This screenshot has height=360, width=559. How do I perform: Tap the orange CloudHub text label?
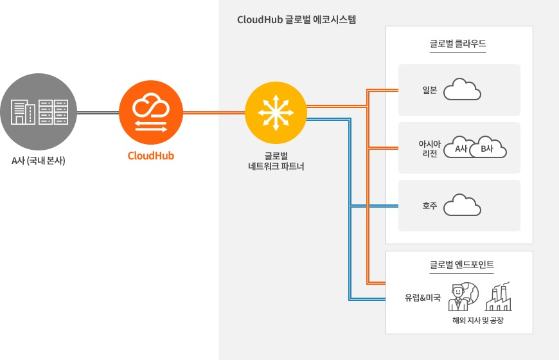(151, 156)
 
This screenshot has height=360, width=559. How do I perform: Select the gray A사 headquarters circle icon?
(39, 112)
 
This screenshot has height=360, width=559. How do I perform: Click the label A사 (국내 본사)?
(39, 160)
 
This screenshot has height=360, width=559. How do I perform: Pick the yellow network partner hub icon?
(276, 112)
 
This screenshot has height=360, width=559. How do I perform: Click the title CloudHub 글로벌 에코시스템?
(296, 19)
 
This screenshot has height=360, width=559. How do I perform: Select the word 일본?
(430, 90)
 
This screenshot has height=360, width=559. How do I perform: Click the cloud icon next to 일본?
(463, 89)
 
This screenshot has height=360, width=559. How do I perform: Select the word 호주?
(430, 206)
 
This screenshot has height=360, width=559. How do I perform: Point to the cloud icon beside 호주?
(463, 205)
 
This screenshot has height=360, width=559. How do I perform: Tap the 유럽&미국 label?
(422, 298)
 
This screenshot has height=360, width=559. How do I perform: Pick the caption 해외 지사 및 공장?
(477, 320)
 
